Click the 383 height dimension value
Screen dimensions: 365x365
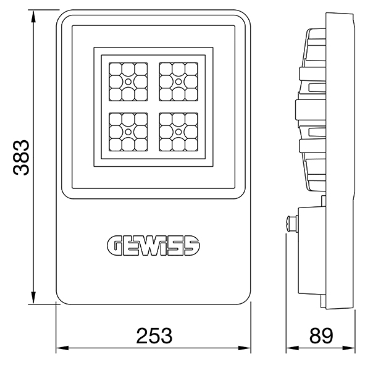point(21,157)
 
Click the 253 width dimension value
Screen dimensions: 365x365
point(154,336)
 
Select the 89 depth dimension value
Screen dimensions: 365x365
point(321,336)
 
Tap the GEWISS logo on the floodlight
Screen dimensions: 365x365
point(153,246)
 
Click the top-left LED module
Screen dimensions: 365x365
point(128,82)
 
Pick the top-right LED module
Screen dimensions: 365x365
point(178,82)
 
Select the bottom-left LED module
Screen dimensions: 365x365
point(128,132)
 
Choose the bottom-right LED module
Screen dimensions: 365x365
point(178,132)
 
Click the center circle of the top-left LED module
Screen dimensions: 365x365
point(128,82)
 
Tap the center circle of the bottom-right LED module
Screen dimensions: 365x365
point(178,132)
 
